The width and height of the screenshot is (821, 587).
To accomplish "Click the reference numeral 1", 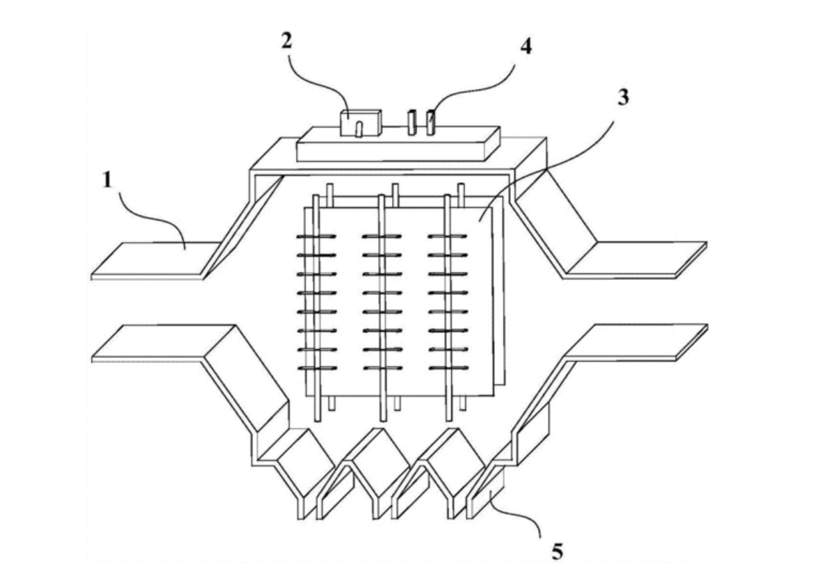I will click(x=106, y=180).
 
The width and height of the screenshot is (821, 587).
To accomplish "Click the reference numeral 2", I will click(x=286, y=40).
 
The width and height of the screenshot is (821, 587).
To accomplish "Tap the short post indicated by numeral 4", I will click(x=432, y=122).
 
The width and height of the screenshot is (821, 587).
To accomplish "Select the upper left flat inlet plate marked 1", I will click(x=156, y=259).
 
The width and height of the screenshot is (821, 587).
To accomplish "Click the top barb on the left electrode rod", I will click(x=316, y=237).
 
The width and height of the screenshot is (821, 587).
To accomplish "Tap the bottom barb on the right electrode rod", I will click(x=448, y=368).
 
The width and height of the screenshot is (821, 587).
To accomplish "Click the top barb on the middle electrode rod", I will click(x=382, y=237).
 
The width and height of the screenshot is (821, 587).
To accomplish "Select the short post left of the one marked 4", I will click(x=412, y=122).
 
